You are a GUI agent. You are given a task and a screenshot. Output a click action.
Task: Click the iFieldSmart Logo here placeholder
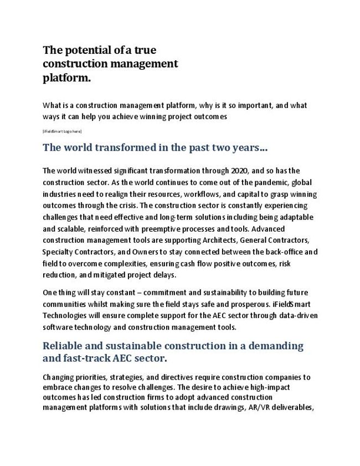click(62, 131)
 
